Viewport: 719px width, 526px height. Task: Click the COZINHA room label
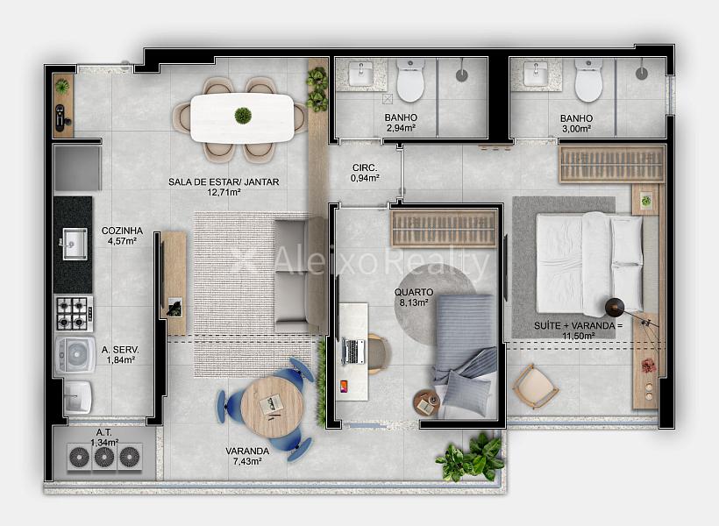click(x=122, y=231)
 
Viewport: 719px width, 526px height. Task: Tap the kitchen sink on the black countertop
click(x=75, y=244)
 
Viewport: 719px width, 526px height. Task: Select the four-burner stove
click(x=74, y=314)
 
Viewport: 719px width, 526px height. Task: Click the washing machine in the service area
click(x=75, y=355)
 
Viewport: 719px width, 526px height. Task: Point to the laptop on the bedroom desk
click(x=353, y=352)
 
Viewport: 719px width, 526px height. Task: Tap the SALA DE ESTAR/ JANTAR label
click(x=224, y=182)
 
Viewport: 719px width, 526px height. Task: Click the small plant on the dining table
click(x=243, y=115)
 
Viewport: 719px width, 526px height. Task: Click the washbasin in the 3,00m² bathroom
click(x=536, y=75)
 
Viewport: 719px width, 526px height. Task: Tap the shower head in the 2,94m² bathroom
click(x=462, y=75)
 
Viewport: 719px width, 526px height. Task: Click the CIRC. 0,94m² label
click(x=365, y=173)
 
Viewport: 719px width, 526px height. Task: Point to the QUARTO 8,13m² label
click(x=414, y=296)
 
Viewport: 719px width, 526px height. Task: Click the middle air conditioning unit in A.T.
click(x=104, y=457)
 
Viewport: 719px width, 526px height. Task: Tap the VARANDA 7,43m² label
click(x=247, y=456)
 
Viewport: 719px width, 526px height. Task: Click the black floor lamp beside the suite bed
click(x=614, y=307)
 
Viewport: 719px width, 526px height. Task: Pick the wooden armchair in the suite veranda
click(x=535, y=386)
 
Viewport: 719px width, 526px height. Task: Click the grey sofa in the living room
click(x=300, y=274)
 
